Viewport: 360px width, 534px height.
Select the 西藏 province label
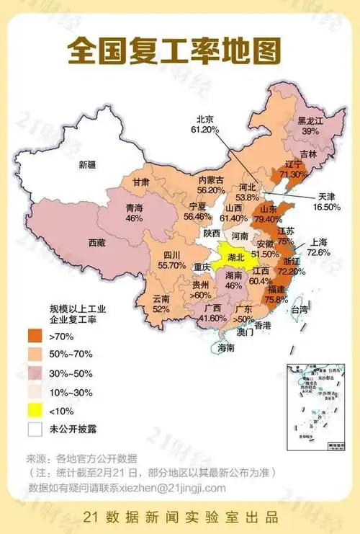coord(98,243)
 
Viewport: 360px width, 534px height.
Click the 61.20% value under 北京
coord(204,130)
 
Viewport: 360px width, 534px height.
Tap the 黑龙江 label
coord(300,121)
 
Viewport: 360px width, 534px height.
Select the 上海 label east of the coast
coord(318,242)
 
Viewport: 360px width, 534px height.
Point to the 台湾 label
coord(299,310)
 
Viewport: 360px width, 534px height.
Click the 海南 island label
coord(226,348)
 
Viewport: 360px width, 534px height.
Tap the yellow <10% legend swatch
coord(36,410)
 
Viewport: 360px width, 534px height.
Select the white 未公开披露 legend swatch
coord(36,429)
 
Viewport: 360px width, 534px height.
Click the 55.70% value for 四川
coord(172,265)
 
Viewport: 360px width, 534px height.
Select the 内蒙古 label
coord(212,179)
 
